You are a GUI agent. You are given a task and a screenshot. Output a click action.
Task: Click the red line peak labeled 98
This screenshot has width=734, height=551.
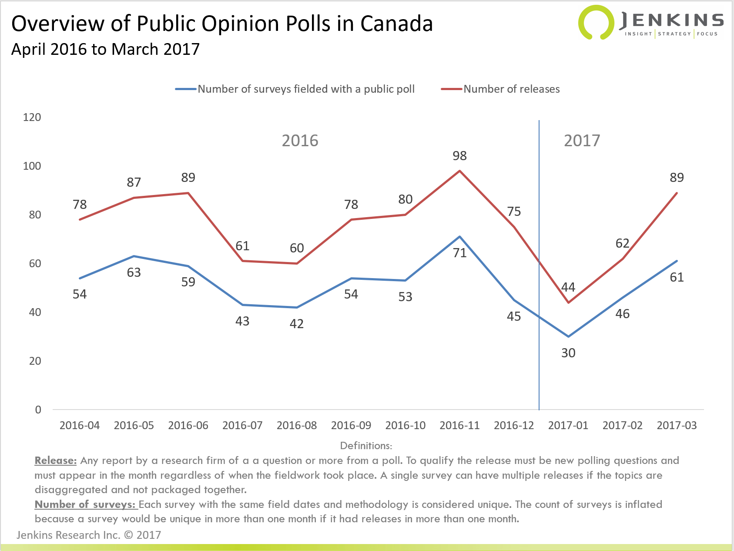pos(459,171)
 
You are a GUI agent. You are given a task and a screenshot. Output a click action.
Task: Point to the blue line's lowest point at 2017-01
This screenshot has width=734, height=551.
pos(568,336)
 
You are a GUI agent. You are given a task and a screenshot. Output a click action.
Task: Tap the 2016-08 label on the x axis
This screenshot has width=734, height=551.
pos(297,426)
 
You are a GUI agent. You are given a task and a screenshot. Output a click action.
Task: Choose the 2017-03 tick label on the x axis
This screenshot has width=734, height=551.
pos(677,426)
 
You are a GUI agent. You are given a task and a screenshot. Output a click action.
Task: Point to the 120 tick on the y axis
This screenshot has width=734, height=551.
pos(32,118)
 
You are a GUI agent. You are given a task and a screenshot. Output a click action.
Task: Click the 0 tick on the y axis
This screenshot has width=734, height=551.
pos(38,410)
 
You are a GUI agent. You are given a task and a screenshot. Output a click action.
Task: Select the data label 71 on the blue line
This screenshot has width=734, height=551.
pos(459,253)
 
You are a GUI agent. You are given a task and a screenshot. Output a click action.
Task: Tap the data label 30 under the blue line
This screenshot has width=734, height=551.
pos(568,353)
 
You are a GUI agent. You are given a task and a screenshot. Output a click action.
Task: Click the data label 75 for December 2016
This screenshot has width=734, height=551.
pos(514,212)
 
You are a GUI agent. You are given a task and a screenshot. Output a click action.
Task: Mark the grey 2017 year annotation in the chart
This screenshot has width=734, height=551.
pos(582,141)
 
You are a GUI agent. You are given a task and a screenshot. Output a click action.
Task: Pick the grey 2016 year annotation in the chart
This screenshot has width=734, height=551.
pos(300,141)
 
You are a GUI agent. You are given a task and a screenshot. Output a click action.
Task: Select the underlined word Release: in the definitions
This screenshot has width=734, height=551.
pos(56,460)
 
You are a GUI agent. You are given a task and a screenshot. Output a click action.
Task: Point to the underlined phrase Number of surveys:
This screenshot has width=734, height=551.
pos(85,504)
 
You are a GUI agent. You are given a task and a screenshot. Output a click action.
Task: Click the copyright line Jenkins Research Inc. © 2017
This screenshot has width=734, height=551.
pos(89,535)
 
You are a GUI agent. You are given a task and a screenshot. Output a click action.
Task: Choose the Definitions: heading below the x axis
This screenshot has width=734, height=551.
pos(366,446)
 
